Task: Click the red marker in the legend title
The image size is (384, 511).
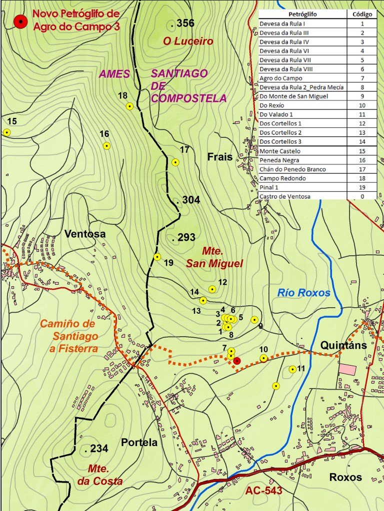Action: point(20,21)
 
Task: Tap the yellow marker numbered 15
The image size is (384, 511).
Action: point(6,132)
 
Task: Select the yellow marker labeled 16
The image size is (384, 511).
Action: point(106,146)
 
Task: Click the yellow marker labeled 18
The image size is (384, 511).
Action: point(129,106)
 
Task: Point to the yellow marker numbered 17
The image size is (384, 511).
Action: point(175,162)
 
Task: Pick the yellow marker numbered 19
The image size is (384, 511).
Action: point(157,257)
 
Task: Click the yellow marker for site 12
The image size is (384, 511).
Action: point(212,289)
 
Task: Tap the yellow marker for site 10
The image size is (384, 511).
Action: point(263,358)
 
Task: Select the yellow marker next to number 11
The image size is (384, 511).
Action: point(292,370)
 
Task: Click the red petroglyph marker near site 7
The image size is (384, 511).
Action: point(237,361)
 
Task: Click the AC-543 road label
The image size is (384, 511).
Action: point(263,491)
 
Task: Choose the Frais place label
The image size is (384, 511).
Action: point(220,157)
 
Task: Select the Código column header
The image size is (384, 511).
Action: point(362,14)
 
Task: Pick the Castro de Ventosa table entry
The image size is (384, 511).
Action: point(285,196)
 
